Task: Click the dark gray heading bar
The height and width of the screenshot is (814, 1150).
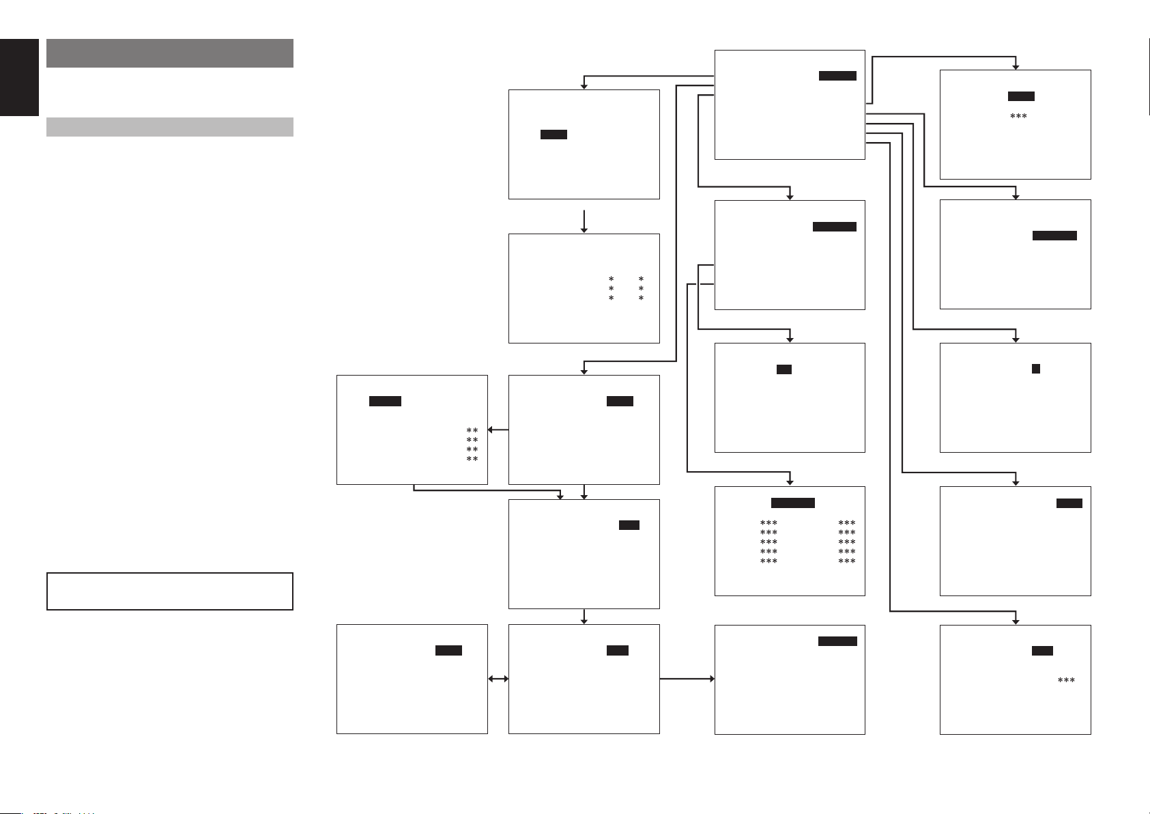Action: click(x=169, y=53)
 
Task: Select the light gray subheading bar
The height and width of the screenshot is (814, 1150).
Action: click(x=169, y=127)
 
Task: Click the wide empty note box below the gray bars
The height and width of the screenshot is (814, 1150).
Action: click(x=169, y=591)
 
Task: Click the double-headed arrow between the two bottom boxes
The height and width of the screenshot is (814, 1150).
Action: click(x=498, y=679)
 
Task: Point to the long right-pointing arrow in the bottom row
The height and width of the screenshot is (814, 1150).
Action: click(x=687, y=679)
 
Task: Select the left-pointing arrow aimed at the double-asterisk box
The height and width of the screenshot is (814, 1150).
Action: click(x=498, y=430)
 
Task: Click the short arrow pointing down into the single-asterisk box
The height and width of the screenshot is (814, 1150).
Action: click(x=584, y=222)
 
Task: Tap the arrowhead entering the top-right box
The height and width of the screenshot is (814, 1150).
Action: click(x=1016, y=66)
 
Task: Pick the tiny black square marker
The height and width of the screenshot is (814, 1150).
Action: click(x=1035, y=369)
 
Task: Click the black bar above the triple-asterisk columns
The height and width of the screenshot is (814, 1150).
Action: click(x=792, y=503)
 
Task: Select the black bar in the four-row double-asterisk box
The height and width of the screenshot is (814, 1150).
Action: click(x=385, y=402)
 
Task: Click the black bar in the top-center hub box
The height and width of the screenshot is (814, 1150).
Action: click(x=837, y=76)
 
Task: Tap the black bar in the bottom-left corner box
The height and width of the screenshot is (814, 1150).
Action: click(x=448, y=651)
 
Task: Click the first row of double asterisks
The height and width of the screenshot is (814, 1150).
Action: click(x=472, y=431)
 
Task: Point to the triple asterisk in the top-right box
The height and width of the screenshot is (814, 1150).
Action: click(x=1018, y=117)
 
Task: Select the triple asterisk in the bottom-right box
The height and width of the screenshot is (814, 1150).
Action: click(x=1066, y=681)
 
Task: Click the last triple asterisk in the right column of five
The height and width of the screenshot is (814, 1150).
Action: click(x=846, y=561)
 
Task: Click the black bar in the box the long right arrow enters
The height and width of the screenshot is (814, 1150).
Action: click(x=837, y=641)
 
